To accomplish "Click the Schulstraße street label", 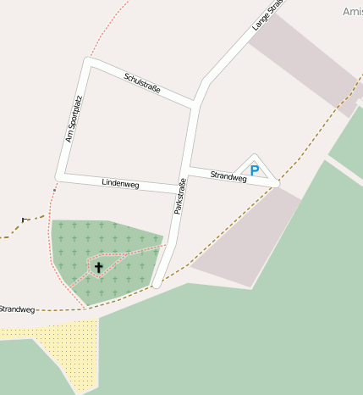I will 142,84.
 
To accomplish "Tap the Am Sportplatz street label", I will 75,120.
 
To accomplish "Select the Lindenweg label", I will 120,183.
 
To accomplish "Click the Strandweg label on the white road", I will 228,176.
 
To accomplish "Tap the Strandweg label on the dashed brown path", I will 16,309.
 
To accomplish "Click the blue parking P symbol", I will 255,170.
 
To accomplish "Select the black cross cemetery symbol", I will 99,268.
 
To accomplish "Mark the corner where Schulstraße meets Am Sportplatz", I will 88,62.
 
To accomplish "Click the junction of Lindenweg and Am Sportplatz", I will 60,176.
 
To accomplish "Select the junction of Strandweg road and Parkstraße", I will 189,169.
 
